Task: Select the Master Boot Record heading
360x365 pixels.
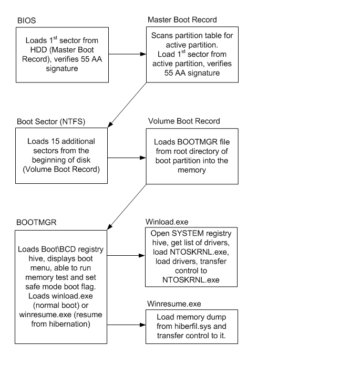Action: (182, 20)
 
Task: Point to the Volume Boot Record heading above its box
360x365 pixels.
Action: (184, 121)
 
